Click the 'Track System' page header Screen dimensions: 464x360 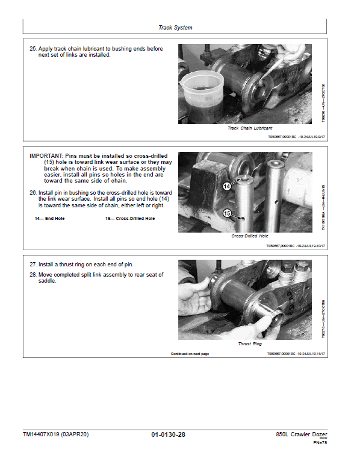pos(175,28)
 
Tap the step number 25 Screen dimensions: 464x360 pos(33,49)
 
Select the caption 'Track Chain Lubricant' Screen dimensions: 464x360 pos(249,128)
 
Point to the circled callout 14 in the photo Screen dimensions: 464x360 pos(227,187)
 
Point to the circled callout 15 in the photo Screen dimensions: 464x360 pos(227,213)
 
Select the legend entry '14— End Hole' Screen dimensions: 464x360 pos(49,218)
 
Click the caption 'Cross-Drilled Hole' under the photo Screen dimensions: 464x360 pos(249,236)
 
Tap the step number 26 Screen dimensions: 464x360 pos(33,193)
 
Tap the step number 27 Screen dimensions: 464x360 pos(33,265)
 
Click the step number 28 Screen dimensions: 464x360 pos(33,275)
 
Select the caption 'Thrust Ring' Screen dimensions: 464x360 pos(249,344)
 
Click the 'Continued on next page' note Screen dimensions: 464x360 pos(190,354)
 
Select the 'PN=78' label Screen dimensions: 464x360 pos(320,444)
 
